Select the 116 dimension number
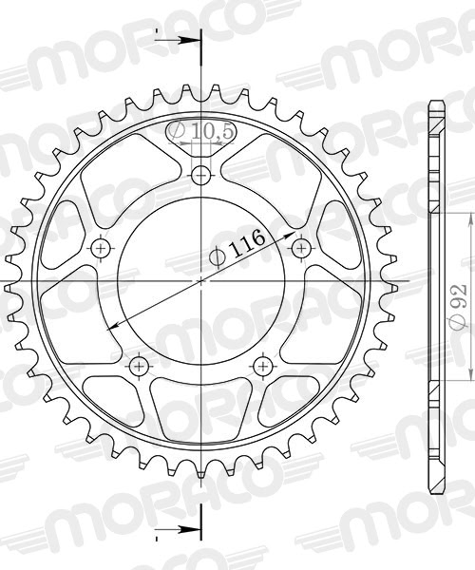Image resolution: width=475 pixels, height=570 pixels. tap(247, 242)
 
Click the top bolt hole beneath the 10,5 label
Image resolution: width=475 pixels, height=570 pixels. tap(201, 175)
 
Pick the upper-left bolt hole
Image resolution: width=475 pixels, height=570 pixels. tap(101, 248)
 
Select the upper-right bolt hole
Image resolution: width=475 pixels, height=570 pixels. tap(302, 248)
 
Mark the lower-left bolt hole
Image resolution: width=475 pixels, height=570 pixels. tap(139, 366)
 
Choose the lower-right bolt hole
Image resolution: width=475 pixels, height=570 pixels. tap(263, 366)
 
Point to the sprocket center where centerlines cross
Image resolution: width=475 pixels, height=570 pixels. tap(201, 281)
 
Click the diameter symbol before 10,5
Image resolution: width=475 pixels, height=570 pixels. tap(179, 131)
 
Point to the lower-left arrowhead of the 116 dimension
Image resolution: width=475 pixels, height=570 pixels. tap(118, 327)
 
